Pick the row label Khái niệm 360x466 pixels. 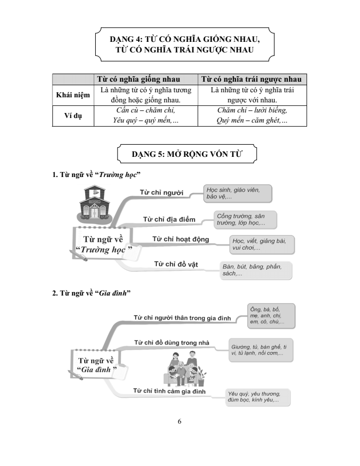tap(73, 95)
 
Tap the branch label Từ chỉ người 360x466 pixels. tap(161, 192)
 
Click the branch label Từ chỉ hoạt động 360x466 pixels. tap(181, 239)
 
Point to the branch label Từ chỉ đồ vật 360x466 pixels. tap(175, 264)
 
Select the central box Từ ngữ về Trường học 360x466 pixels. tap(103, 244)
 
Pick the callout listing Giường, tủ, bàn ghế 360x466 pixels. tap(260, 351)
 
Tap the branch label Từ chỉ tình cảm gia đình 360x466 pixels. tap(169, 391)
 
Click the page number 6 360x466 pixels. tap(179, 422)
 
